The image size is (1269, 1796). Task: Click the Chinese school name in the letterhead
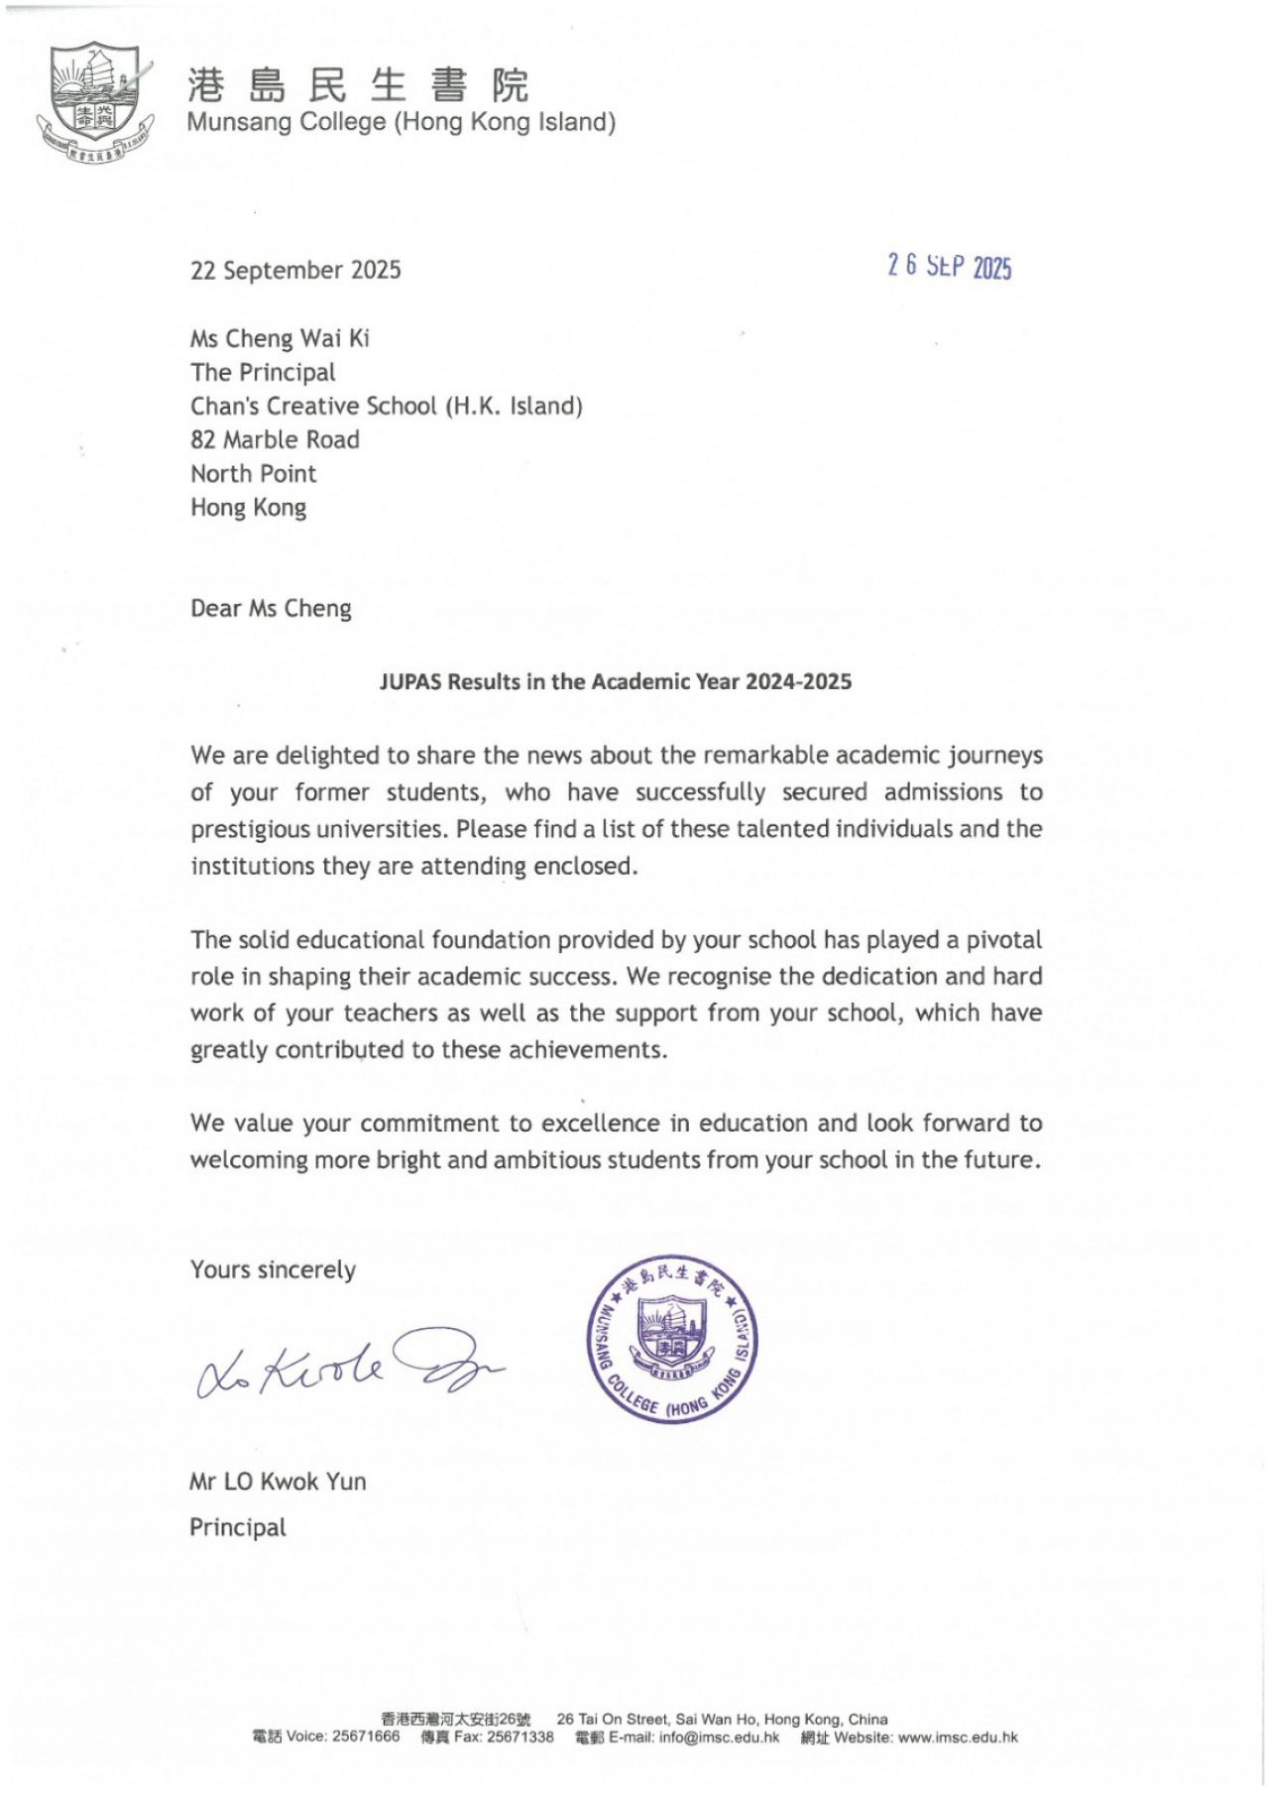(358, 85)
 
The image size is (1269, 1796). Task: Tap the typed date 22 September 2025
(295, 270)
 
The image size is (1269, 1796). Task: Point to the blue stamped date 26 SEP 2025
(949, 266)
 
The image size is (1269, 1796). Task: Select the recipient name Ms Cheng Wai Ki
(280, 338)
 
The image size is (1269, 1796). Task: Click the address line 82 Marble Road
(275, 439)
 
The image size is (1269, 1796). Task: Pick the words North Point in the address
(253, 473)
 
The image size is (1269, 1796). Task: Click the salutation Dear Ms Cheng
(271, 608)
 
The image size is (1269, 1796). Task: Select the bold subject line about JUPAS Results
(615, 681)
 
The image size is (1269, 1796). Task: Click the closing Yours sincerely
(273, 1269)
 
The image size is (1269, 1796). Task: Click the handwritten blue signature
(347, 1364)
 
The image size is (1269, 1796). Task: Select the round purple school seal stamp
(671, 1338)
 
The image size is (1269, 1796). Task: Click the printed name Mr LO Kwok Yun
(278, 1482)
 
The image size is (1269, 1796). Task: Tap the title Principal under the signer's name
(237, 1527)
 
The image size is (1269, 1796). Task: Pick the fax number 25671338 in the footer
(520, 1737)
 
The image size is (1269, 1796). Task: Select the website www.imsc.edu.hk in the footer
(958, 1737)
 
